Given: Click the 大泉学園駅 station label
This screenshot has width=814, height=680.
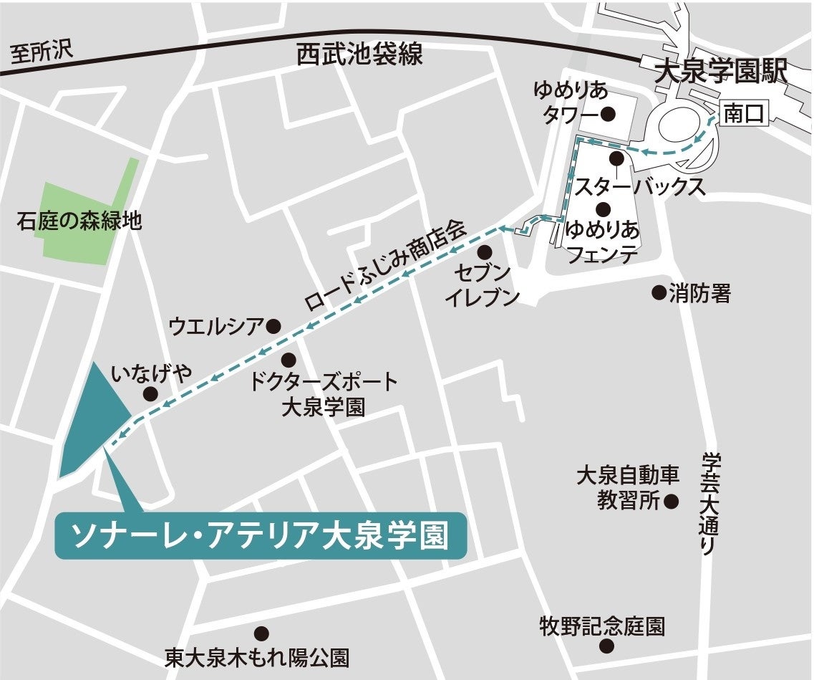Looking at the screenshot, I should coord(722,71).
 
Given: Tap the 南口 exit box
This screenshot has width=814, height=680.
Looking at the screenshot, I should coord(745,114).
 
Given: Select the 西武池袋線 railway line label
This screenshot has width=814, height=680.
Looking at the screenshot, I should coord(360,54).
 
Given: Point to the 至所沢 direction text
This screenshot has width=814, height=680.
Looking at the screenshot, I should coord(42,52).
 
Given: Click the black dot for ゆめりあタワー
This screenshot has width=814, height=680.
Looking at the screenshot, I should coord(609,113).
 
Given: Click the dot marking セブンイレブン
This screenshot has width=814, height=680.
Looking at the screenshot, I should coord(485,252).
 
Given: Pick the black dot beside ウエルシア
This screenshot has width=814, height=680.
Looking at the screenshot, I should coord(273,327).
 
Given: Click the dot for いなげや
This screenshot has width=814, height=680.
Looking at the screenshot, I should coord(150,393).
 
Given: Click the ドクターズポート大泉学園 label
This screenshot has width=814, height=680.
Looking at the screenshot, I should coord(323,394).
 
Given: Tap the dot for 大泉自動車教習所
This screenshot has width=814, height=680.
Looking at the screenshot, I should coord(671,502).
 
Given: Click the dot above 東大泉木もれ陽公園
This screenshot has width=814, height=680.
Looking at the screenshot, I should coord(262,633).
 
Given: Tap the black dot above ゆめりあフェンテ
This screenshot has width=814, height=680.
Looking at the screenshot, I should coord(603,209).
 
